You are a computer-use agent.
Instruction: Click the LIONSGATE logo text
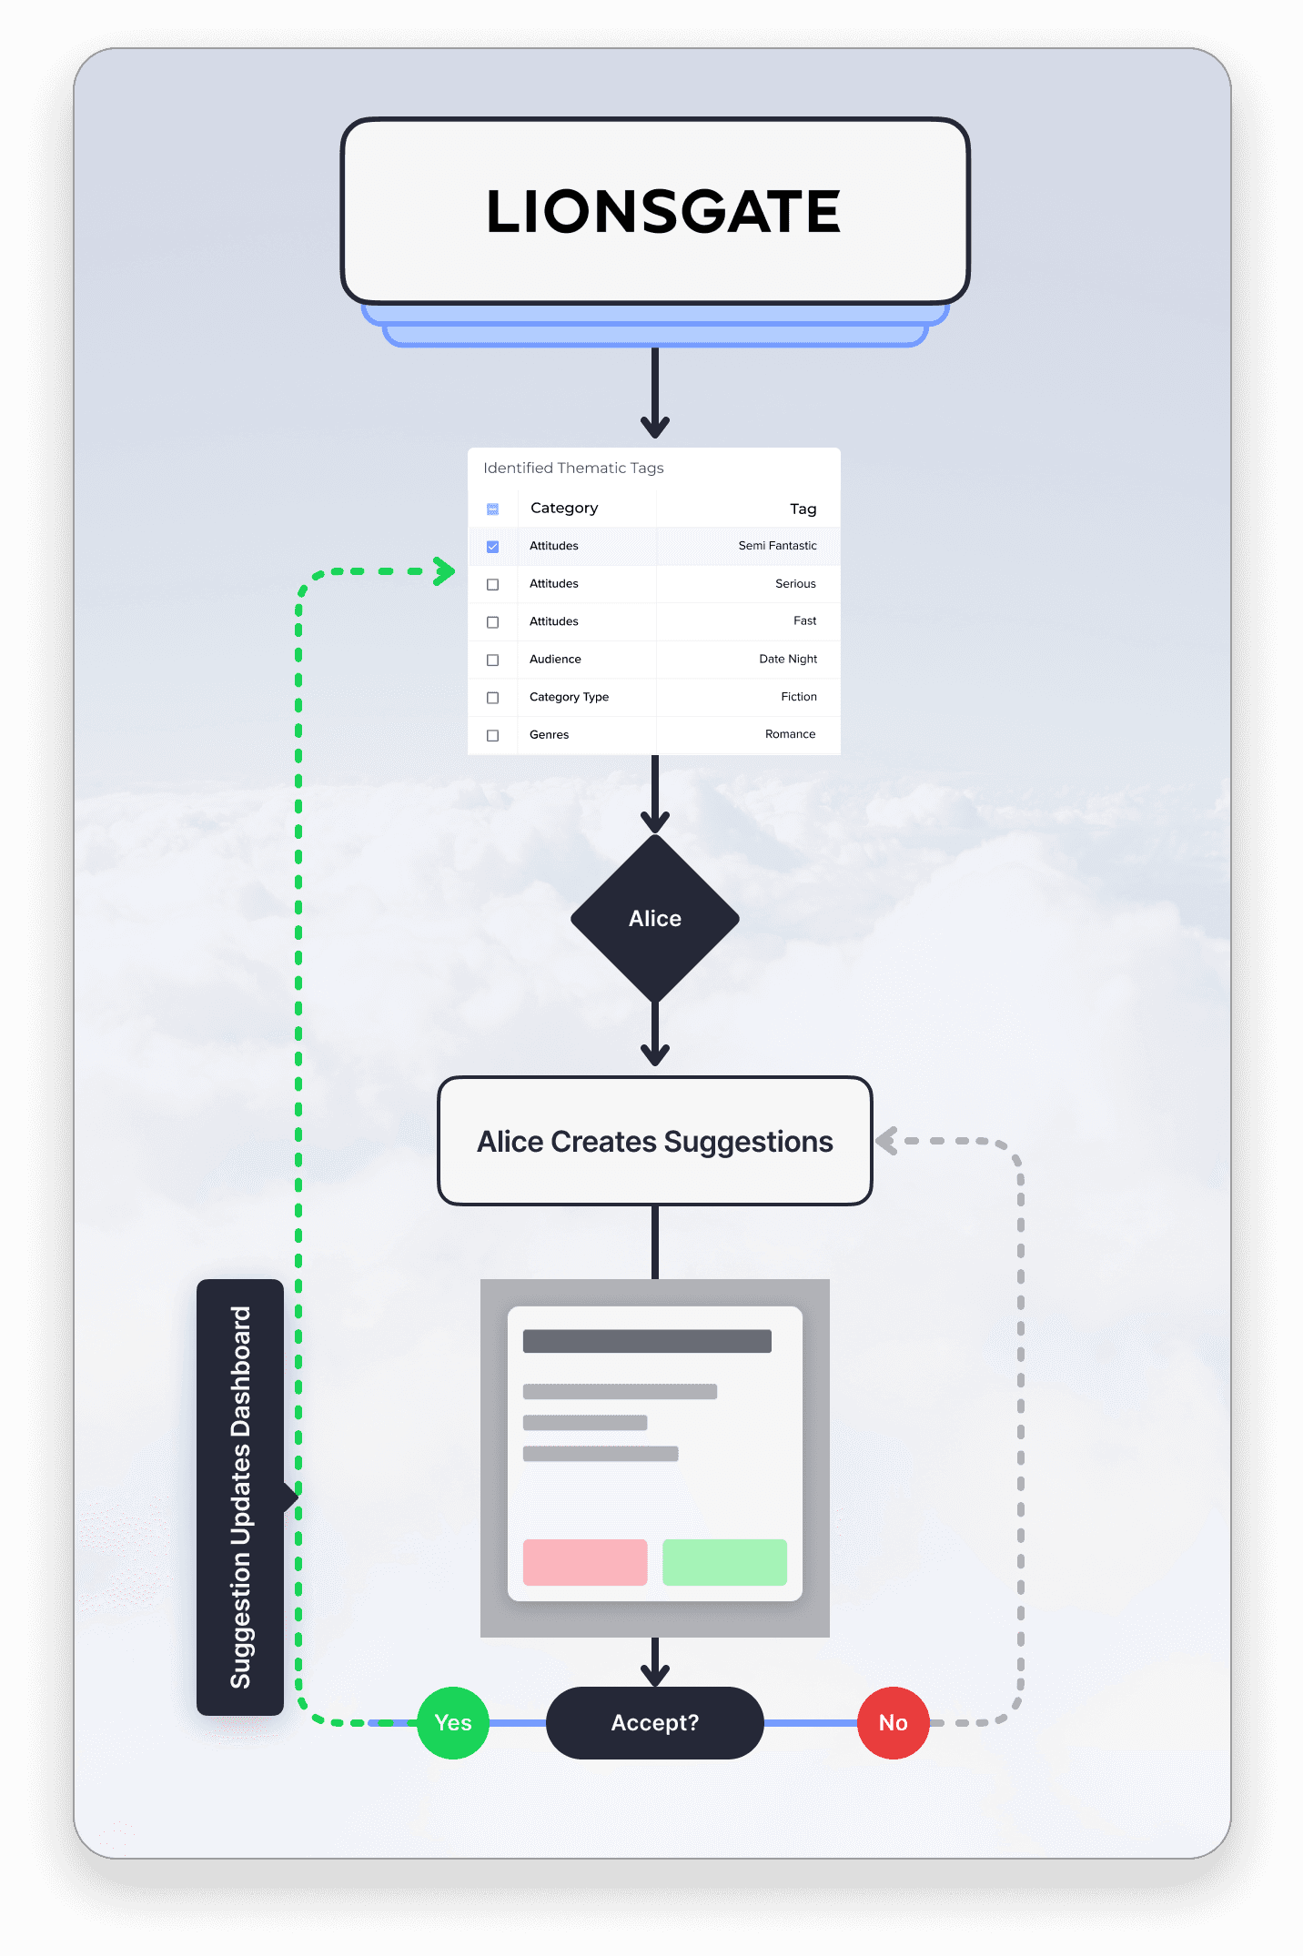[x=663, y=212]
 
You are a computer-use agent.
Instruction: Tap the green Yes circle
[x=453, y=1722]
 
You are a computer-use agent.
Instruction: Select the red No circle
[x=893, y=1722]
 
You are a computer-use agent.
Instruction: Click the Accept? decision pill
[x=655, y=1722]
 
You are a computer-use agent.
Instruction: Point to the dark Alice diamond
[x=655, y=918]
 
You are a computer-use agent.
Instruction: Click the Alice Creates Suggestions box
[x=655, y=1141]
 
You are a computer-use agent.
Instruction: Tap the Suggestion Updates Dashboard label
[x=240, y=1497]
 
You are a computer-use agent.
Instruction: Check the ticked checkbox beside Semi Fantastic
[x=492, y=547]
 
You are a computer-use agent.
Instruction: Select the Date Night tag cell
[x=788, y=659]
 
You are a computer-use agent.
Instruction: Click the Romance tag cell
[x=790, y=734]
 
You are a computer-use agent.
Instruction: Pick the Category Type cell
[x=569, y=697]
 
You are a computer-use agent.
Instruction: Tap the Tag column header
[x=803, y=509]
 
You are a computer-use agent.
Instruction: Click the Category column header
[x=564, y=508]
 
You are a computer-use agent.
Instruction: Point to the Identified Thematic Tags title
[x=573, y=468]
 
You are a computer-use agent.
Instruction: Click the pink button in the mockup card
[x=585, y=1562]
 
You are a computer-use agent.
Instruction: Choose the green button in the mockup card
[x=724, y=1562]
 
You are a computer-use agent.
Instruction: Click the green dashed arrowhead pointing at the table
[x=445, y=571]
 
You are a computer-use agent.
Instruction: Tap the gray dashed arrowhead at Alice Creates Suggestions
[x=886, y=1141]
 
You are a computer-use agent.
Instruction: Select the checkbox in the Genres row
[x=492, y=735]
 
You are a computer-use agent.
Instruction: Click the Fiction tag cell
[x=798, y=697]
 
